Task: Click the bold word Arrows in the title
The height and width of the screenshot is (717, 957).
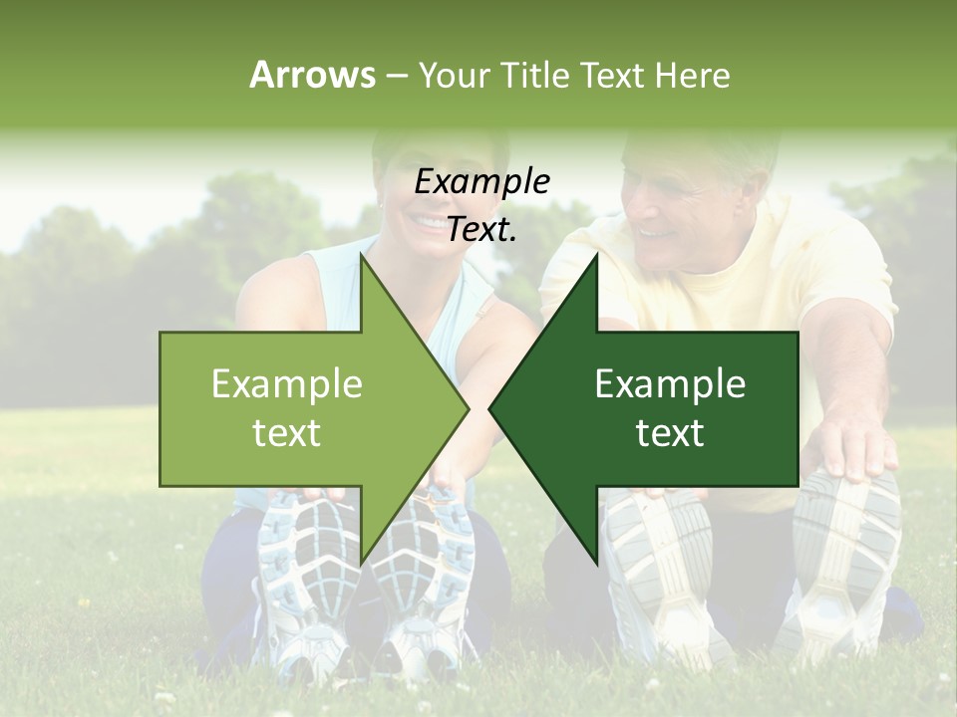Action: point(312,75)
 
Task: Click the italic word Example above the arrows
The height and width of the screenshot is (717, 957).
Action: point(482,182)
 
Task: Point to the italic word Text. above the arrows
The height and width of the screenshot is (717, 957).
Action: point(482,229)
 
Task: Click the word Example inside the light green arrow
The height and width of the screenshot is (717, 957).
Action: point(287,383)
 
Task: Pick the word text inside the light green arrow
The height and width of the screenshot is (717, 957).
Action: point(287,432)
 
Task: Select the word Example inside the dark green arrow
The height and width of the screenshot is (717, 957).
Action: point(670,383)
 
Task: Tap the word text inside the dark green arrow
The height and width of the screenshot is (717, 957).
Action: point(670,432)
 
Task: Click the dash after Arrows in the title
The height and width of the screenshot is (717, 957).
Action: point(395,76)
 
